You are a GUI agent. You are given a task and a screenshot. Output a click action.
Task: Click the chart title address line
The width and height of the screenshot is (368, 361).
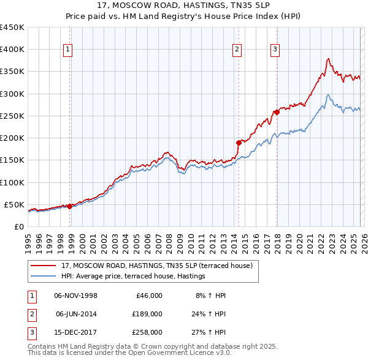(183, 6)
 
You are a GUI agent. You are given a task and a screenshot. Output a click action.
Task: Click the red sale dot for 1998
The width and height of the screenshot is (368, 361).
(69, 206)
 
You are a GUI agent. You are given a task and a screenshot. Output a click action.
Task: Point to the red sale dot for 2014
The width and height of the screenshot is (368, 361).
(239, 142)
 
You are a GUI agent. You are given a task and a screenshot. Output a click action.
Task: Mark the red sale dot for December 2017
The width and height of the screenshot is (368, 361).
(277, 111)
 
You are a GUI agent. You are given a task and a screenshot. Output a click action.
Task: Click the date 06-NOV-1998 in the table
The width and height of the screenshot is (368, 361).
(75, 296)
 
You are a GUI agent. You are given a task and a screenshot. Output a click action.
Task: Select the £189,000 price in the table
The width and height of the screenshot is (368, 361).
(147, 314)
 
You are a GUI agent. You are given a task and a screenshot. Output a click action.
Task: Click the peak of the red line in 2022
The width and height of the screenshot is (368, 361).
(329, 59)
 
